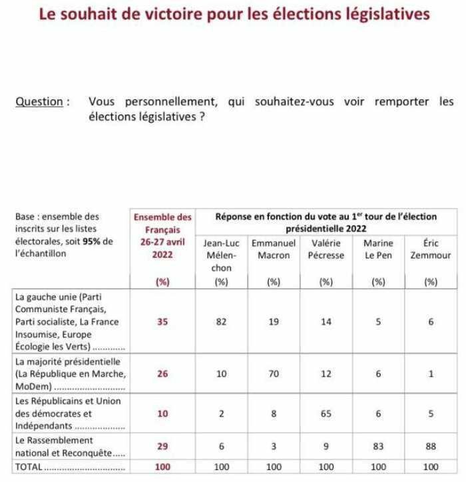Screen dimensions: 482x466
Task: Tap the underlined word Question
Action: coord(41,102)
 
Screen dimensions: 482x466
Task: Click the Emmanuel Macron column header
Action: coord(273,250)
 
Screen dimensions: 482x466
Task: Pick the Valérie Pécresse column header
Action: coord(326,250)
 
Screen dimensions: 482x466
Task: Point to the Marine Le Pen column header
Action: coord(379,250)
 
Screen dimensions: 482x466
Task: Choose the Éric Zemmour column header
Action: coord(430,250)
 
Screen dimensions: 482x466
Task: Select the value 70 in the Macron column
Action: coord(273,373)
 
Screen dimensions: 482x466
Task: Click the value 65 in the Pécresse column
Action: coord(326,413)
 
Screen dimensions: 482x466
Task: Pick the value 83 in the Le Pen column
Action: coord(379,446)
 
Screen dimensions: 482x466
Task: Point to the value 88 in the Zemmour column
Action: coord(430,446)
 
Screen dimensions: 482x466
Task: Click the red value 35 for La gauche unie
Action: coord(162,322)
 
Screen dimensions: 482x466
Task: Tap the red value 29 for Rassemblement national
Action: coord(162,446)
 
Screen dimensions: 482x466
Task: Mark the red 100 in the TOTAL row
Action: coord(162,467)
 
